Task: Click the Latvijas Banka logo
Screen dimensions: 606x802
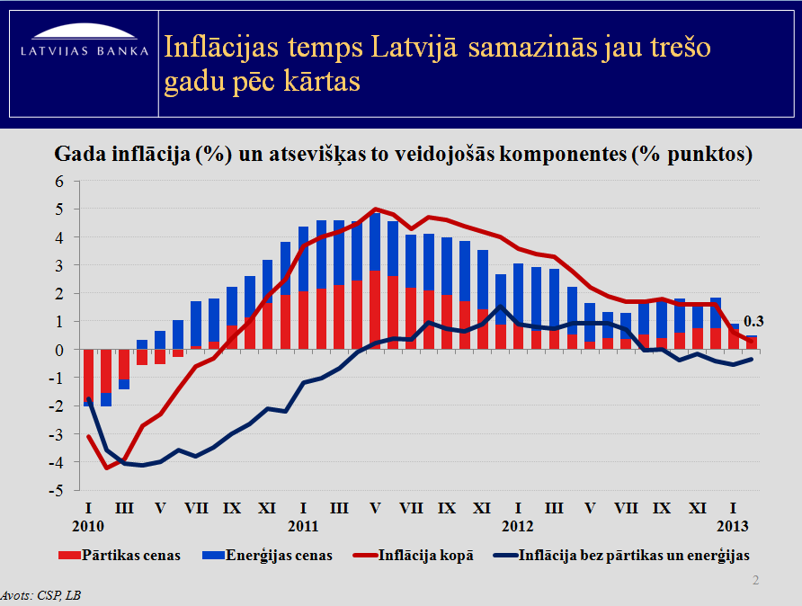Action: (85, 45)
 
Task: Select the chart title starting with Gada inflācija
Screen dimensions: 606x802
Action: (404, 154)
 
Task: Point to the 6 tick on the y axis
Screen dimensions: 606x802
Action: (61, 182)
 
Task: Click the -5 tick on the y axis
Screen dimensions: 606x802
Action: (58, 491)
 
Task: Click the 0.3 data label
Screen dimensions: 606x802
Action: (753, 321)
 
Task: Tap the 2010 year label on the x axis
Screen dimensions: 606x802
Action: (89, 525)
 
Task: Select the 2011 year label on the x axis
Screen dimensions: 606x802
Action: (304, 525)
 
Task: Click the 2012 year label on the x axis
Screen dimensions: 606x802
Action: (519, 525)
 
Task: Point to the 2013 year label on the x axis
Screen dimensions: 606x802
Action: (733, 525)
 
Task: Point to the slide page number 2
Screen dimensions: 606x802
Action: (755, 582)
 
